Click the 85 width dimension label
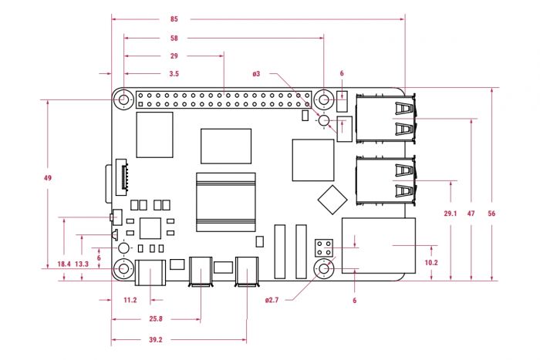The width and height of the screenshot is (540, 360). point(174,19)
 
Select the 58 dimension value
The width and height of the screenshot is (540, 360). point(174,39)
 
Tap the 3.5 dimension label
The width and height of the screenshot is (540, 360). point(174,74)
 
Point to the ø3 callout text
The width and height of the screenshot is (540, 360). point(256,74)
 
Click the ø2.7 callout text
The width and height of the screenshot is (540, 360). point(272,300)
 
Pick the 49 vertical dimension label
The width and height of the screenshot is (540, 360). point(48,178)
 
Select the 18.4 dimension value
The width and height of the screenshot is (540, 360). point(64,264)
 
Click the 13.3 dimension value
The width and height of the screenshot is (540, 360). point(82,264)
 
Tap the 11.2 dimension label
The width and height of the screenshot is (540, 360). point(130,300)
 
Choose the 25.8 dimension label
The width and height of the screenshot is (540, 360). point(156,319)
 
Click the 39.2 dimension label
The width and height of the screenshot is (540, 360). point(156,340)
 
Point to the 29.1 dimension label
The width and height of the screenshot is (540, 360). point(451,214)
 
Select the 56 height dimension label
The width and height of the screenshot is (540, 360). point(491,214)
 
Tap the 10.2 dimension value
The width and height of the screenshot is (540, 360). point(431,263)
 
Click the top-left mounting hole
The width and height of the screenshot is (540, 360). point(123,99)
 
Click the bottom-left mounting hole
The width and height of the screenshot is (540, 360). point(123,268)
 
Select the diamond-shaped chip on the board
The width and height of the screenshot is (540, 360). point(332,200)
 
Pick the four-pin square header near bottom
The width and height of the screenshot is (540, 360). point(324,248)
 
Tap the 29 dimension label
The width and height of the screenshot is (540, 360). point(174,56)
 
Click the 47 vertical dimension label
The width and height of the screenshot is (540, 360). point(471,214)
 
